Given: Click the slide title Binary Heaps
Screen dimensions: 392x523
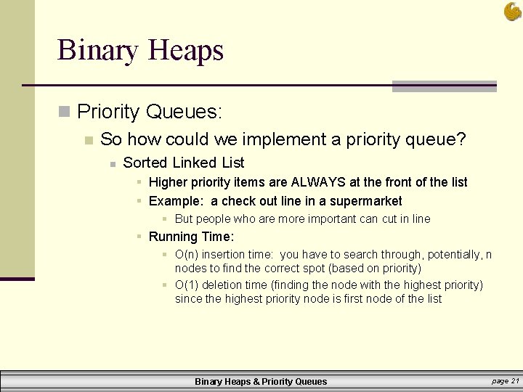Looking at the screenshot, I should coord(140,50).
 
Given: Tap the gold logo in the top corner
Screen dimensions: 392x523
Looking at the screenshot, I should coord(512,11).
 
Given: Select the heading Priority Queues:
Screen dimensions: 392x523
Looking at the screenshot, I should coord(149,112).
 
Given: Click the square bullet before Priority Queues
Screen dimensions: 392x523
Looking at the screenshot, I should coord(64,112).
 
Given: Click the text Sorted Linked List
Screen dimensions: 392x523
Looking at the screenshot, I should coord(183,163).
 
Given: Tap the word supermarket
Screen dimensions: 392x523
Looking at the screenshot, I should coord(365,201).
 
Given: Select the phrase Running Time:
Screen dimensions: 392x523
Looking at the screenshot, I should coord(191,237).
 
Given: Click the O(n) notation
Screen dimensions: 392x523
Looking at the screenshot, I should coord(187,255).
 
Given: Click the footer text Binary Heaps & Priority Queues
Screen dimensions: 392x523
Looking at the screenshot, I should coord(261,381).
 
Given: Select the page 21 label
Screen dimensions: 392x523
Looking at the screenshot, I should coord(505,380).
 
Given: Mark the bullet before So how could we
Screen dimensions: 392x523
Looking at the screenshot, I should coord(88,140).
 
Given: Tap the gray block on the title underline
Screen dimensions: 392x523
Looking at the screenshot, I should coord(444,86).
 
